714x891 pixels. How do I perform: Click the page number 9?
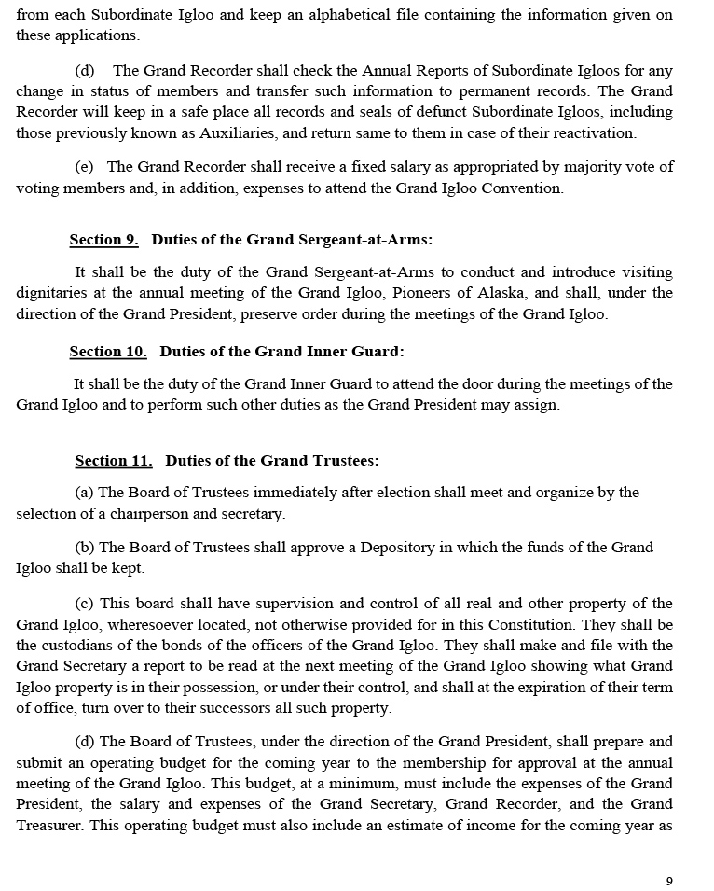[x=669, y=881]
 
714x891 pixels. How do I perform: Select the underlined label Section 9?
[x=103, y=241]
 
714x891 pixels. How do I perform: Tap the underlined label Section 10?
[x=108, y=353]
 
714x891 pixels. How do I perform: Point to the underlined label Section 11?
[x=113, y=461]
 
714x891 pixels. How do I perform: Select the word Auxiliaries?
[x=237, y=132]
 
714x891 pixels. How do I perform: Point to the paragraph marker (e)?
[x=84, y=167]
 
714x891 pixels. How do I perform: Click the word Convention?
[x=522, y=188]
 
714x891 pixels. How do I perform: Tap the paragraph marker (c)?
[x=84, y=604]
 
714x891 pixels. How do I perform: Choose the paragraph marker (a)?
[x=84, y=493]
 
